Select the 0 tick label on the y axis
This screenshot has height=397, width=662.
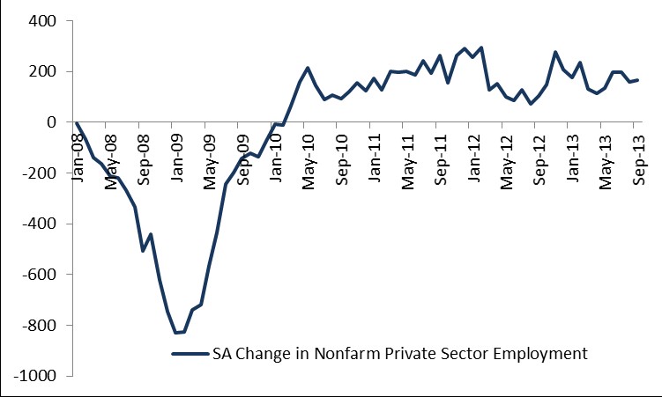pyautogui.click(x=50, y=122)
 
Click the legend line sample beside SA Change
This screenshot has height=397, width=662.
pyautogui.click(x=189, y=354)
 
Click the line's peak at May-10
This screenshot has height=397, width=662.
pyautogui.click(x=308, y=68)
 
